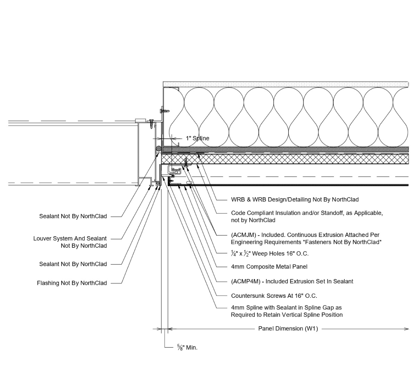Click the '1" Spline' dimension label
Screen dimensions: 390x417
pos(197,138)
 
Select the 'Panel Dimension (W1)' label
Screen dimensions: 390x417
pos(288,328)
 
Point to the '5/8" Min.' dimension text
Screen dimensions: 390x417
pos(187,348)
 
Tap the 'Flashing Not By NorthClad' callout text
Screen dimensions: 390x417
pos(72,283)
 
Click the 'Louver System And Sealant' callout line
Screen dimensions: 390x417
pos(70,239)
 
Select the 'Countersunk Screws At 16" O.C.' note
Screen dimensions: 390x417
pos(274,296)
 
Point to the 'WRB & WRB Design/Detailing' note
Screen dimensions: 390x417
pos(295,200)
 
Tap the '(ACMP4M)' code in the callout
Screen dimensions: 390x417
pos(245,281)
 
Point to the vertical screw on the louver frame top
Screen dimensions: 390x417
pos(152,122)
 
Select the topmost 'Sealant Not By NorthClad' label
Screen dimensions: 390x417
pos(73,216)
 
